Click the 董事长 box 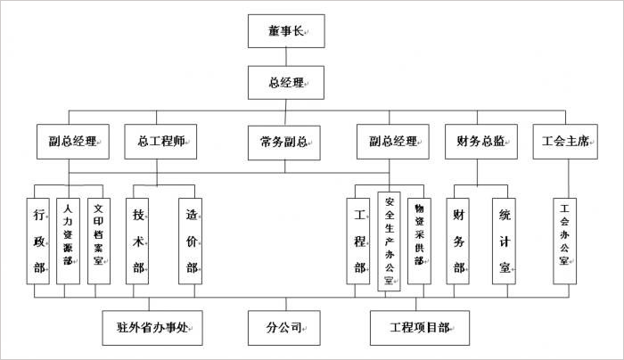click(x=285, y=31)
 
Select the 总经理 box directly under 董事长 click(x=285, y=84)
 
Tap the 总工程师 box click(x=161, y=141)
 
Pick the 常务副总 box click(x=285, y=141)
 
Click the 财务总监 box click(x=481, y=141)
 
